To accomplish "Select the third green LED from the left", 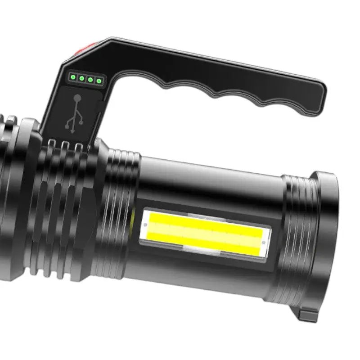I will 90,80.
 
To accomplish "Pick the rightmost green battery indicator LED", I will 99,81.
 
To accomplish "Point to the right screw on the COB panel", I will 263,244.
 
